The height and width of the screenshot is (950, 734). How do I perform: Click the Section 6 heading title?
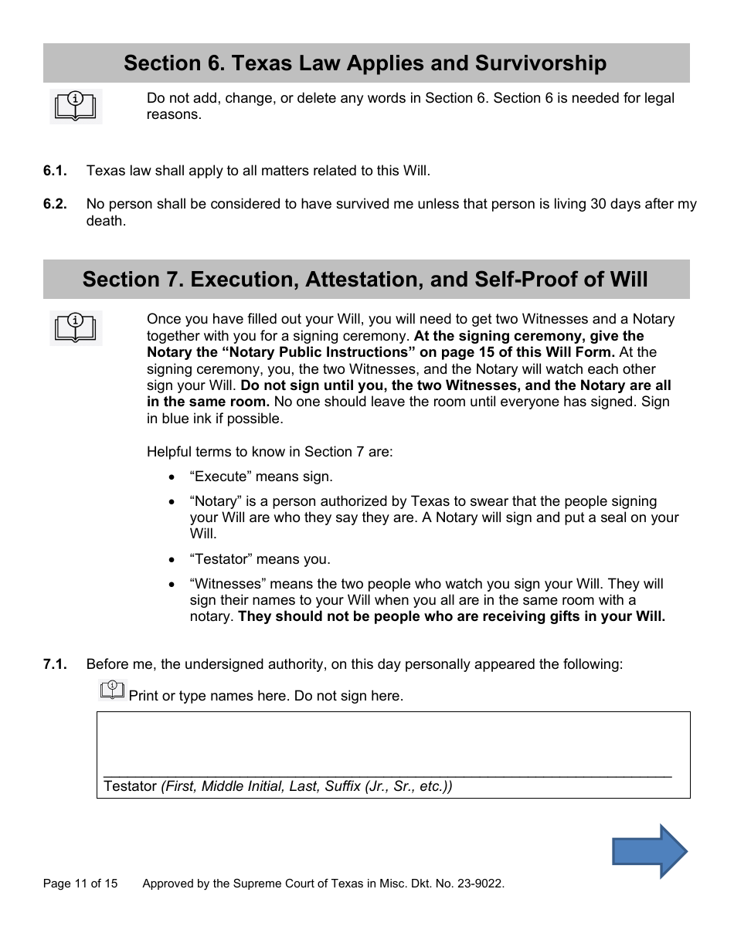365,63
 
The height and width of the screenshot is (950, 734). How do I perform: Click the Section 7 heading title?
365,279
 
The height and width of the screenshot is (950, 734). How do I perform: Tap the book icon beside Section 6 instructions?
76,107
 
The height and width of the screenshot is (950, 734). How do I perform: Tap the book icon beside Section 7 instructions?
76,327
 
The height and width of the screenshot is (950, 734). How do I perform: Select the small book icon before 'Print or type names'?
113,690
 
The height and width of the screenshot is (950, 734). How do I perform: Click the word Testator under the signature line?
130,786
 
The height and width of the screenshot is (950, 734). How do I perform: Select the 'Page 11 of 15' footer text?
80,884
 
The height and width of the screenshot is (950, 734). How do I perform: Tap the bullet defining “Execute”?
261,477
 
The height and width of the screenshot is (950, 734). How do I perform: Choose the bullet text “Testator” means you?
260,559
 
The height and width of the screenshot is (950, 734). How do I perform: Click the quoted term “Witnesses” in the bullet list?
228,584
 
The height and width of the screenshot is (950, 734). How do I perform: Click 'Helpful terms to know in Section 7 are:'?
270,452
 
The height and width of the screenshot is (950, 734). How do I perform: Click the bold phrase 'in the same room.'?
208,402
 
